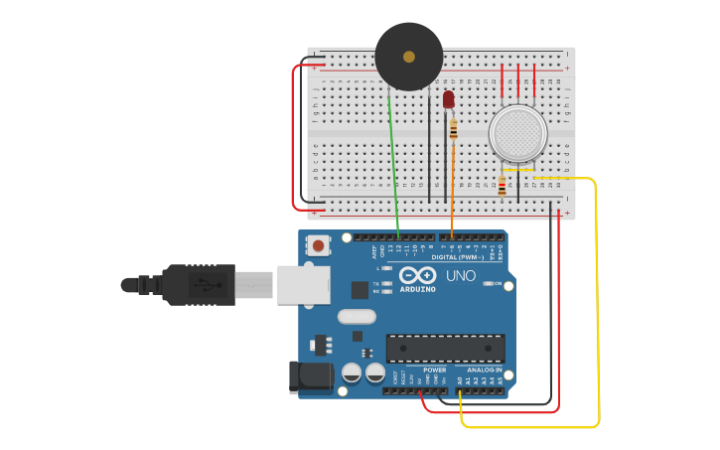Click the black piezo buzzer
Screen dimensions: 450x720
pos(408,57)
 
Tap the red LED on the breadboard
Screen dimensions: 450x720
pos(448,99)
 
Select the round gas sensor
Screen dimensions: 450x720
pos(517,133)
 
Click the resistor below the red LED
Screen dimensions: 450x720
pos(454,129)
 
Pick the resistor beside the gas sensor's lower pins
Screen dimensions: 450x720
pos(502,187)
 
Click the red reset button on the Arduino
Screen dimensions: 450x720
pos(318,244)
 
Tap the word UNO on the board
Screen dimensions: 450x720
pos(460,275)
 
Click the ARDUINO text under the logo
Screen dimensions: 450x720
pos(418,289)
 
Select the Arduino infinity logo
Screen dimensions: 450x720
pos(418,275)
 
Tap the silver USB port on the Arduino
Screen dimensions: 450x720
pos(303,284)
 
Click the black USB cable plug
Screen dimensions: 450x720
pos(199,284)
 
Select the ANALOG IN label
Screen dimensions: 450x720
pos(485,370)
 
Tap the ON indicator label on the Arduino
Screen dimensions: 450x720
pos(497,283)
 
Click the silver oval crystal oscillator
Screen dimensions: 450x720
pos(357,317)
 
